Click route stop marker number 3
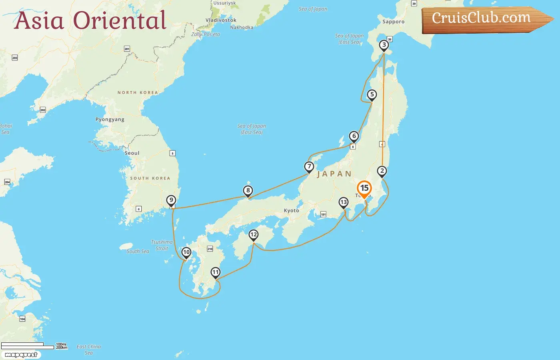[x=384, y=45]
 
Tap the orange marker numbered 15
[x=364, y=188]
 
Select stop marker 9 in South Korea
[x=171, y=200]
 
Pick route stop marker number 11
[x=216, y=273]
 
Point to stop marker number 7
[x=309, y=166]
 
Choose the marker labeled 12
[x=254, y=235]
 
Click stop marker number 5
[x=372, y=95]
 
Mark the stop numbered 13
[x=344, y=202]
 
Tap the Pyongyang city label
[x=110, y=119]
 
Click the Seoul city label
[x=132, y=153]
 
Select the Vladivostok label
[x=221, y=20]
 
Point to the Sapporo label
[x=393, y=22]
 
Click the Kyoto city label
[x=291, y=210]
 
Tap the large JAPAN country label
[x=334, y=174]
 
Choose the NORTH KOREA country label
[x=138, y=92]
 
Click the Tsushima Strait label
[x=162, y=245]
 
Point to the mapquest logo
[x=21, y=354]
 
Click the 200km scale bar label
[x=62, y=348]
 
